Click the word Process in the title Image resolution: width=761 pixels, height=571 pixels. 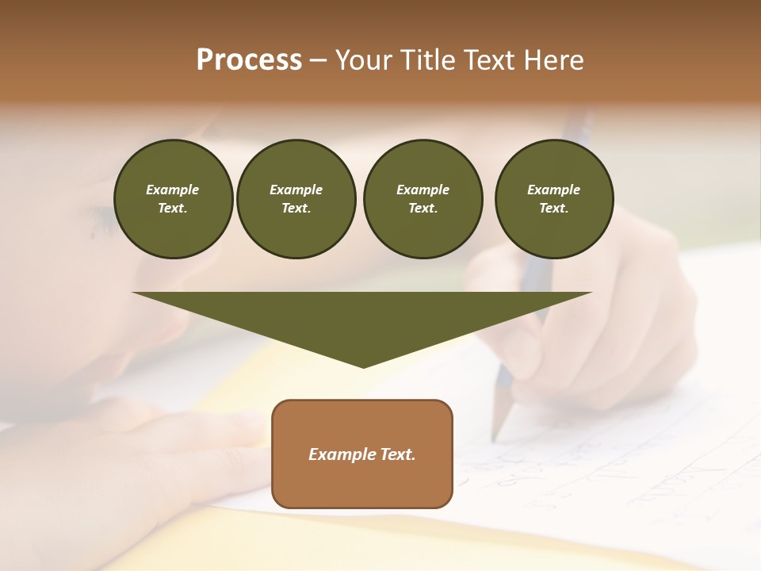click(249, 60)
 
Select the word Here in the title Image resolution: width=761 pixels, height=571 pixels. click(553, 60)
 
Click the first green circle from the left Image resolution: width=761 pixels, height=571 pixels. click(173, 199)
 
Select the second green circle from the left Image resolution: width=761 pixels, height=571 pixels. click(296, 199)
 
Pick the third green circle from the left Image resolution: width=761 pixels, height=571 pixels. click(423, 199)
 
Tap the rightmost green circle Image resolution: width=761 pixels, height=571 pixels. click(554, 199)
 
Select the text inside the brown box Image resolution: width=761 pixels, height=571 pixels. click(362, 454)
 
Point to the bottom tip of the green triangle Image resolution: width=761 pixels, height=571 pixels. click(363, 366)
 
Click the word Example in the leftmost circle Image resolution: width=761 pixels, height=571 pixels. click(173, 190)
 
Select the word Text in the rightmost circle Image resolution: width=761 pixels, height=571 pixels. click(553, 209)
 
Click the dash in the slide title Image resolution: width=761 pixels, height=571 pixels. click(319, 60)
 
